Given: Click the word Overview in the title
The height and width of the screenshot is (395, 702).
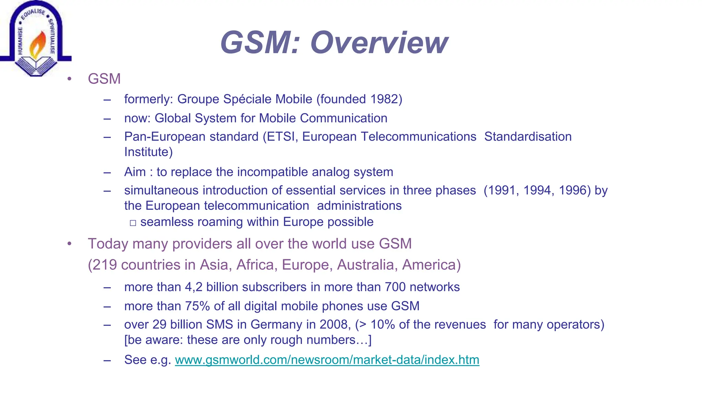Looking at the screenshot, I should coord(379,43).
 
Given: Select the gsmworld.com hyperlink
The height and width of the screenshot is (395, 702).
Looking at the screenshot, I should coord(327,360).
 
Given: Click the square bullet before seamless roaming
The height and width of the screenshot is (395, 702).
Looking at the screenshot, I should coord(133,223).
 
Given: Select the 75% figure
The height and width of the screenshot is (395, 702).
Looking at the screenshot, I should coord(197,306).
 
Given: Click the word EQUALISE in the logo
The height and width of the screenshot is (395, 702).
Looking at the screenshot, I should coord(33,13).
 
